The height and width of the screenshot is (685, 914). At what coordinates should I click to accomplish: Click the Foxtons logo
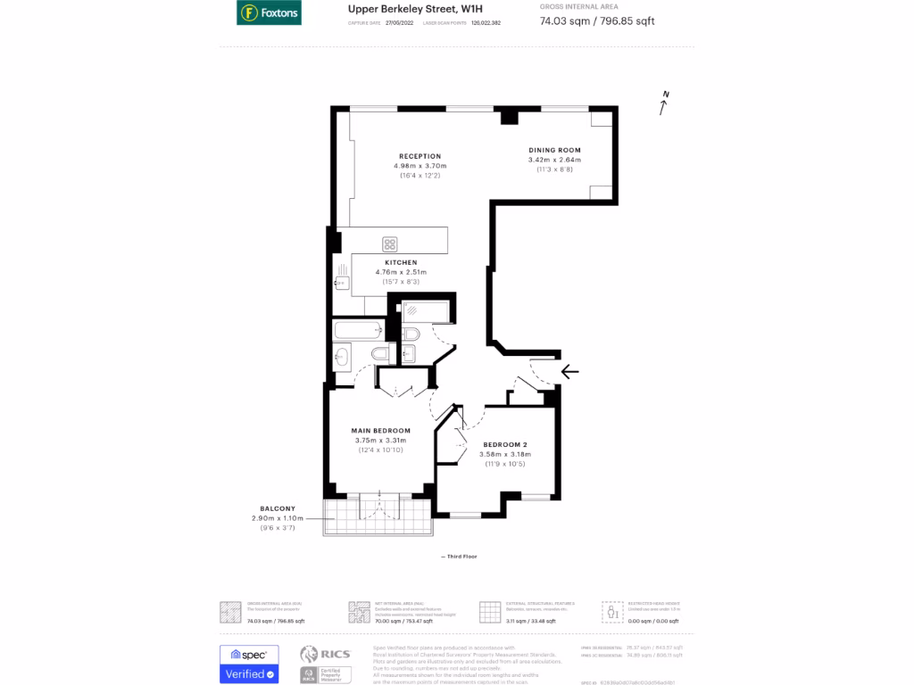(x=269, y=12)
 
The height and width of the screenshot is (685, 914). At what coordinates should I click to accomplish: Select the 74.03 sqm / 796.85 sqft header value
(x=597, y=21)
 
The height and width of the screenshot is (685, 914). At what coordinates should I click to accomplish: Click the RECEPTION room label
(x=420, y=156)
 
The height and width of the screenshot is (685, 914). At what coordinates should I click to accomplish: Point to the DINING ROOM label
(x=554, y=150)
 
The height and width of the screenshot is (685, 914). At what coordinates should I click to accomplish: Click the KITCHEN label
(x=401, y=262)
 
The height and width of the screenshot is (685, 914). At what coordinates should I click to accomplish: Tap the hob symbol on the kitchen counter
(x=390, y=243)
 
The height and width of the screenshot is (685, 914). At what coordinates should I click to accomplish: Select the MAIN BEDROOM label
(x=380, y=431)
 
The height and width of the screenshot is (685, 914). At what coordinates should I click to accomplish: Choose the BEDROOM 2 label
(x=505, y=444)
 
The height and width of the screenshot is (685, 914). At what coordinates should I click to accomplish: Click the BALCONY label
(x=278, y=508)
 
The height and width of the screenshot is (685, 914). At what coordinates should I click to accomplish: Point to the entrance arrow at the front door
(x=569, y=371)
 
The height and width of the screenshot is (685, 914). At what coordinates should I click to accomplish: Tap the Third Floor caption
(x=460, y=557)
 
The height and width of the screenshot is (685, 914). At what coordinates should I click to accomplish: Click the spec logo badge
(x=249, y=655)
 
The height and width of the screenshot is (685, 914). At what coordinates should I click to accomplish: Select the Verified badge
(x=249, y=674)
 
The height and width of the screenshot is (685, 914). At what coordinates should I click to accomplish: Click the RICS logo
(x=320, y=654)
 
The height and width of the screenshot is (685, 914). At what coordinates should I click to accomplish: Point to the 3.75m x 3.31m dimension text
(x=380, y=441)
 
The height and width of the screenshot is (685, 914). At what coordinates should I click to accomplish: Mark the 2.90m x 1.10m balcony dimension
(x=278, y=518)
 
